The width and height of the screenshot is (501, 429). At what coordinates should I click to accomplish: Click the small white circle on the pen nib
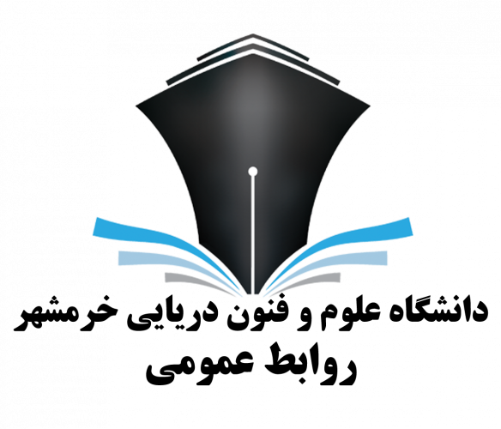(253, 172)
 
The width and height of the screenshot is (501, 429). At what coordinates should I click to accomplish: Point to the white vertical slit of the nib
(253, 234)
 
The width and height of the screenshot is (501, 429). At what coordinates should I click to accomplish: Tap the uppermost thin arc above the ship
(253, 46)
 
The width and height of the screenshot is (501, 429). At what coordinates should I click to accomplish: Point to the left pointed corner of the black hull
(136, 106)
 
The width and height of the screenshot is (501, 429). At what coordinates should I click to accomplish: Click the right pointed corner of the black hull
(371, 106)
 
